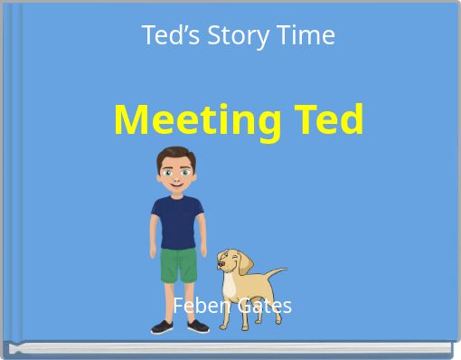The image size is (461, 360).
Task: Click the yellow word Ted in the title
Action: pos(327,120)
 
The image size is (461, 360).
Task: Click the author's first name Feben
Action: pos(200,306)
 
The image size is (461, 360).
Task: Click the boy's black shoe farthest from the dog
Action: pos(164,327)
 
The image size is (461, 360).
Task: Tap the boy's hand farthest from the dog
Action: pos(155,254)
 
